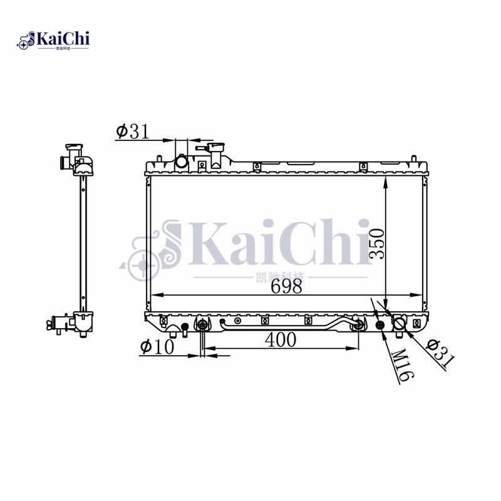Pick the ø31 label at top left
point(132,132)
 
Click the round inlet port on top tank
point(182,162)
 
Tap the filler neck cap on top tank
point(216,152)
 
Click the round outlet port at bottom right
point(399,324)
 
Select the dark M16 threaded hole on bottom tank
point(380,324)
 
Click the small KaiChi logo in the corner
point(53,40)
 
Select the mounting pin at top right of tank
point(413,157)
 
